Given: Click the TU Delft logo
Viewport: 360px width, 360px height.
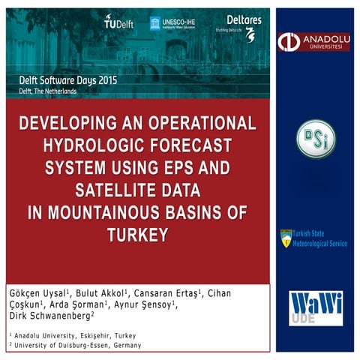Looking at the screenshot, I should click(x=118, y=22).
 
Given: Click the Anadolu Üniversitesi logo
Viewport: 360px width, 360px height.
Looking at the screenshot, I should click(x=314, y=42).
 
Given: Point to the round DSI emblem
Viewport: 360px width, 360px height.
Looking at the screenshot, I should click(x=315, y=139).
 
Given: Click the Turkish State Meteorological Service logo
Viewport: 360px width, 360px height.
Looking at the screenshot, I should click(x=313, y=238).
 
